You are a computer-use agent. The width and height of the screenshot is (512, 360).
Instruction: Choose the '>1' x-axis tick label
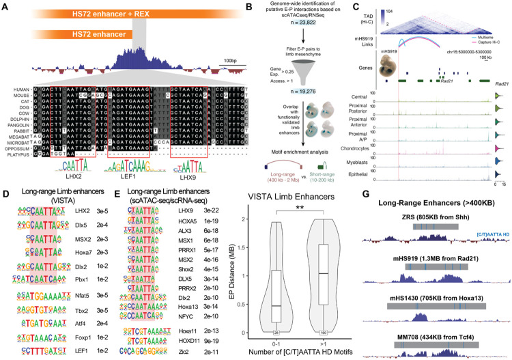point(316,342)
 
